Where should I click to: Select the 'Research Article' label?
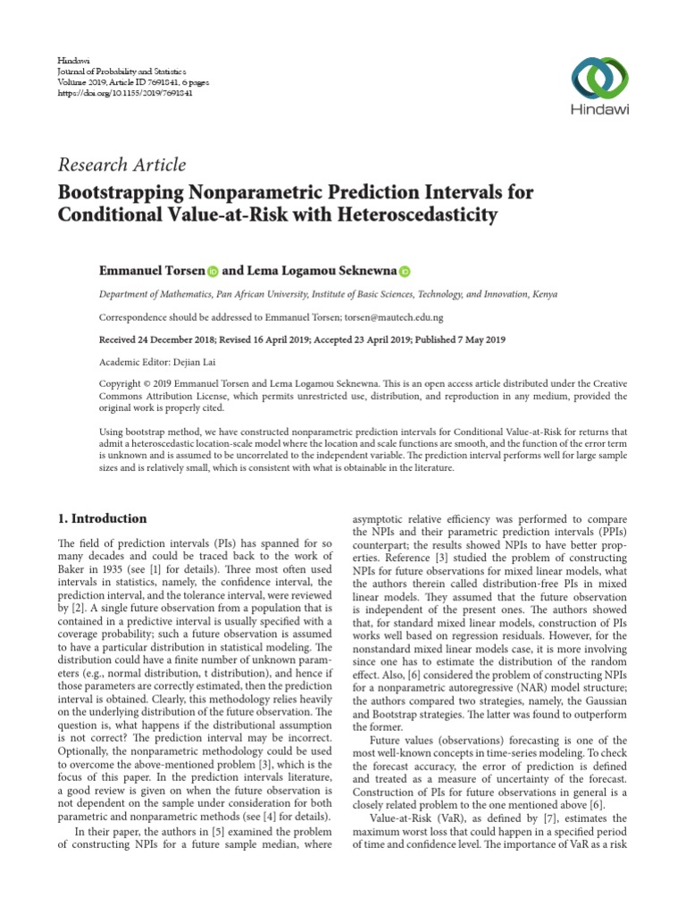[122, 164]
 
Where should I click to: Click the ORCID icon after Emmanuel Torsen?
[213, 270]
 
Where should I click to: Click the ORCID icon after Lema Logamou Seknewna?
[405, 270]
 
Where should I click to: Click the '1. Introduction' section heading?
[103, 518]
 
